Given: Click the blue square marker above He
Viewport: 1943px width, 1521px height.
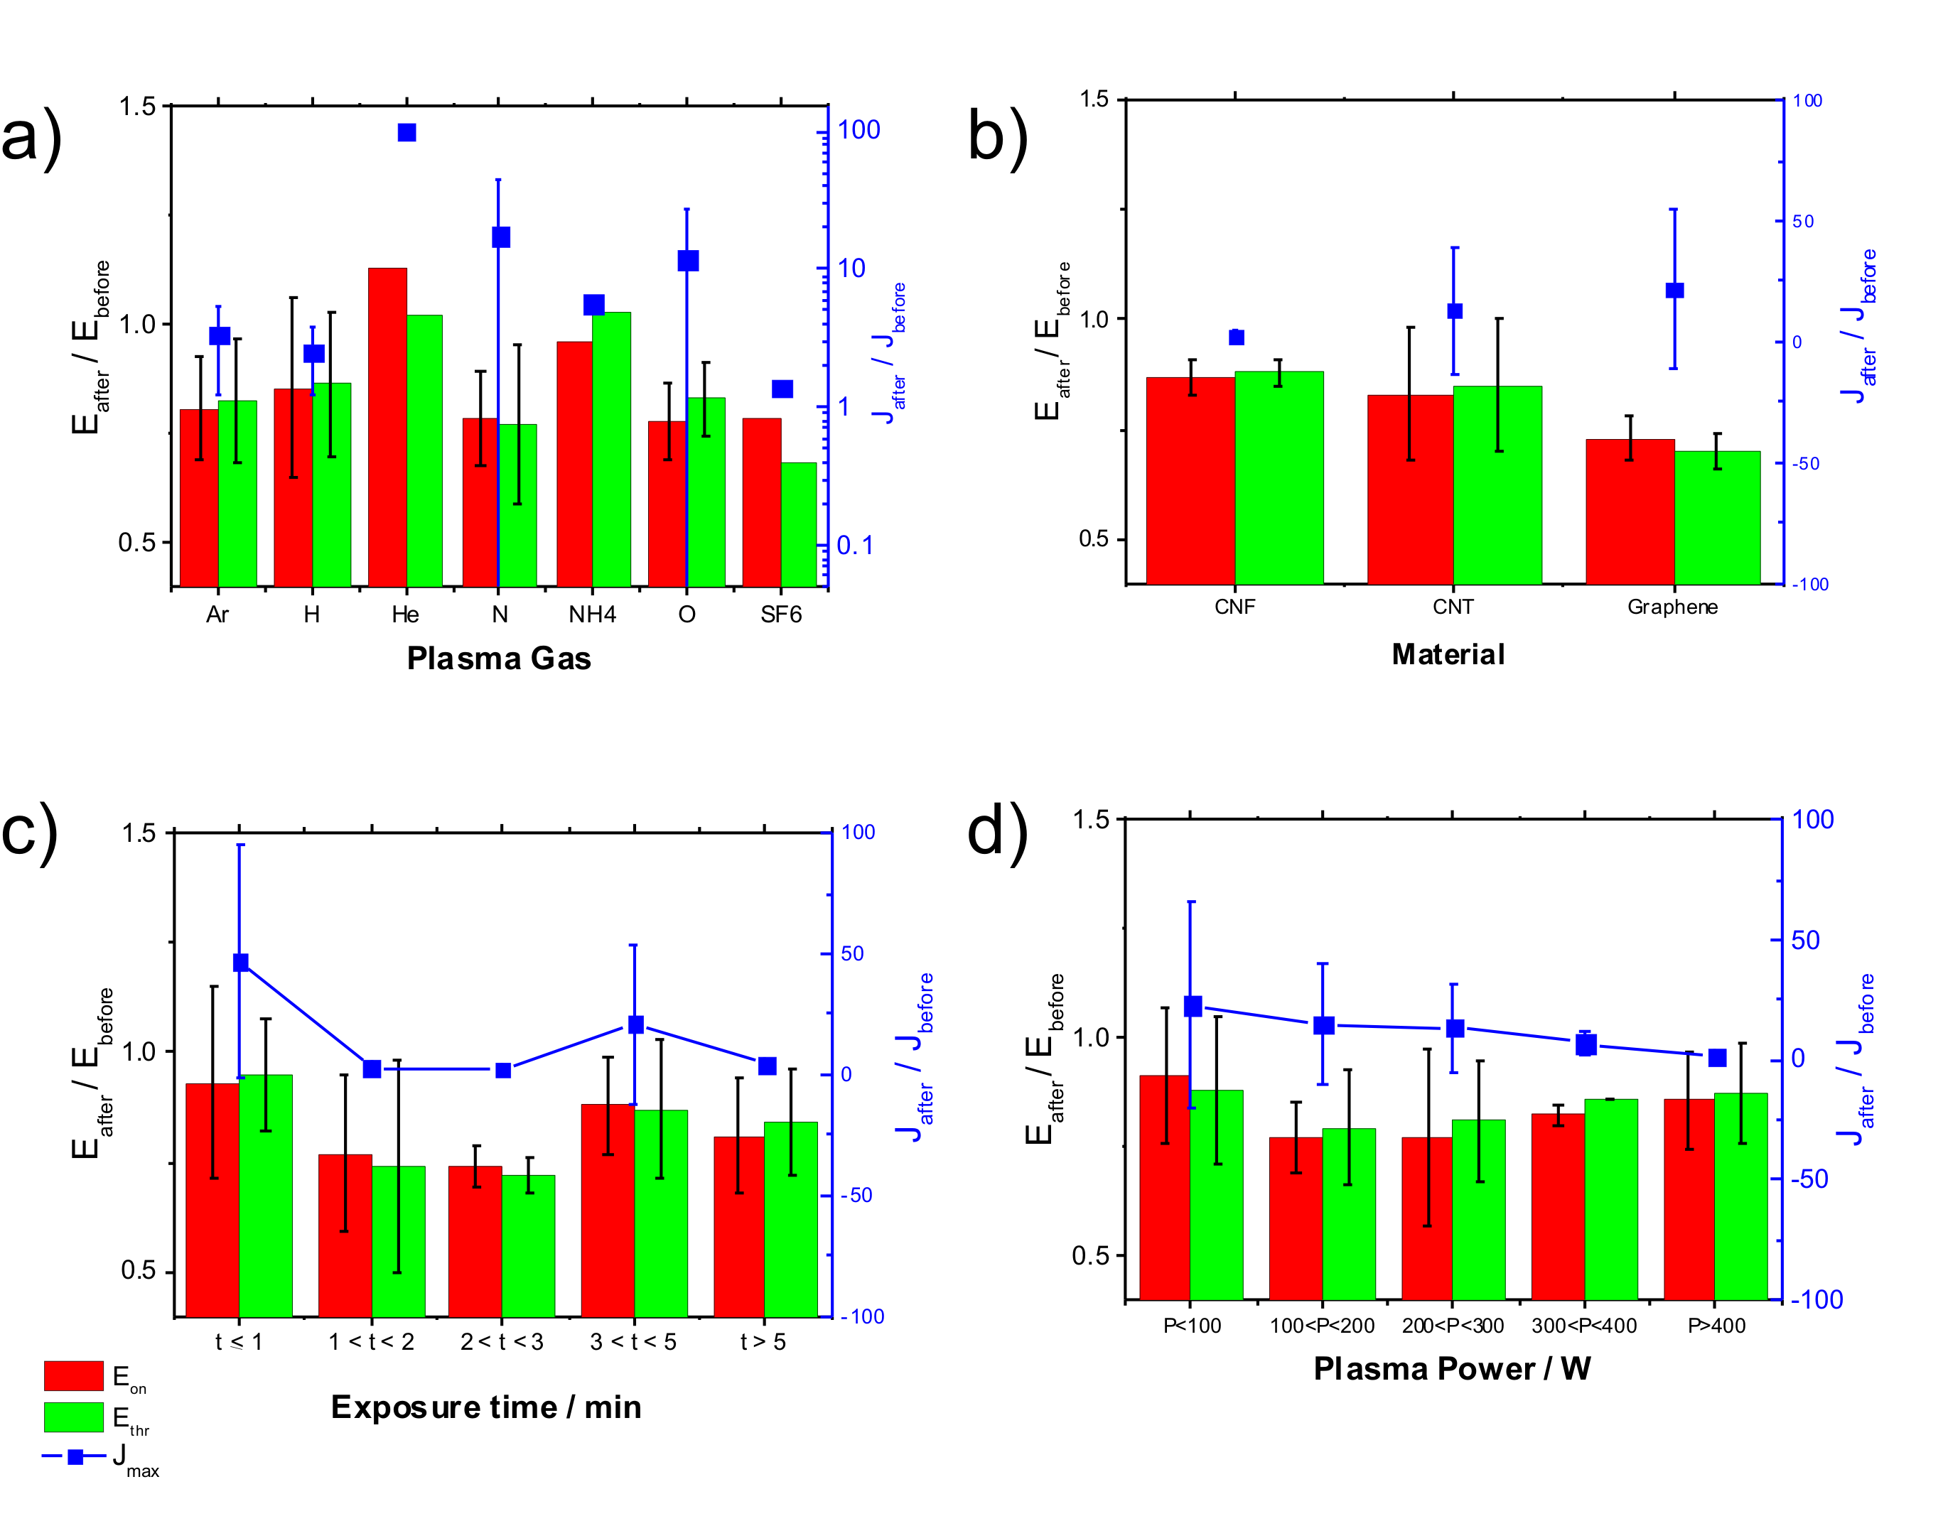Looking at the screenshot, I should point(407,133).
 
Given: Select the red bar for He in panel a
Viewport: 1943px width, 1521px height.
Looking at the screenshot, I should point(387,428).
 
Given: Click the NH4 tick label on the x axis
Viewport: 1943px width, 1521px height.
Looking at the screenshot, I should point(593,615).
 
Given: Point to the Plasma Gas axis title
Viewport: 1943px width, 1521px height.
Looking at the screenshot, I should point(499,658).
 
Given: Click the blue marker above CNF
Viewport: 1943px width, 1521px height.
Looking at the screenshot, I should point(1236,337).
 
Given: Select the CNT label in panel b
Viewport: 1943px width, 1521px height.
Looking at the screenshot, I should point(1453,607).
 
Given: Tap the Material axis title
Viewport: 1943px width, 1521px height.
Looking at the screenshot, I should point(1448,654).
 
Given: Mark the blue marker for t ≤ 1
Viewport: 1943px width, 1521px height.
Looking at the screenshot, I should point(240,963).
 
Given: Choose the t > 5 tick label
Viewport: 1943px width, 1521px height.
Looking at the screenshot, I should point(763,1342).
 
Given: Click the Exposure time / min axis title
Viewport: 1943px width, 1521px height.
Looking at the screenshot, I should point(486,1407).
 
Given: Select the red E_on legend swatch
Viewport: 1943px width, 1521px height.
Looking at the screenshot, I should point(74,1376).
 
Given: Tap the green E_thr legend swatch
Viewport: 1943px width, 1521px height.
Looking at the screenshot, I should point(74,1417).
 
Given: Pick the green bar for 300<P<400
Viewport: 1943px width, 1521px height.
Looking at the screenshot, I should point(1610,1198).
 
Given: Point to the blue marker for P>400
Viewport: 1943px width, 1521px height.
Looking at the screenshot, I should point(1717,1058).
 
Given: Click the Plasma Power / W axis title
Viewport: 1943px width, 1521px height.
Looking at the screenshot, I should point(1452,1369).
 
